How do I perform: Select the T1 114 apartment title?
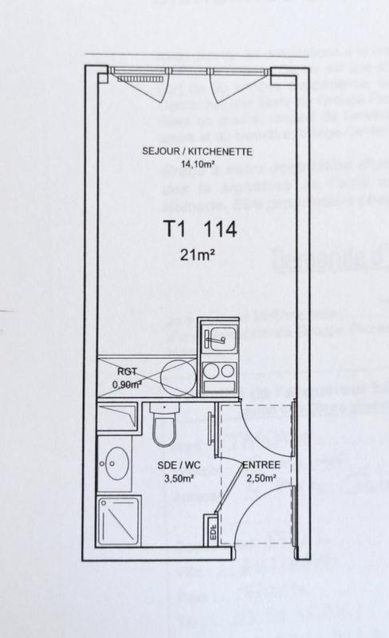[x=199, y=230]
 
